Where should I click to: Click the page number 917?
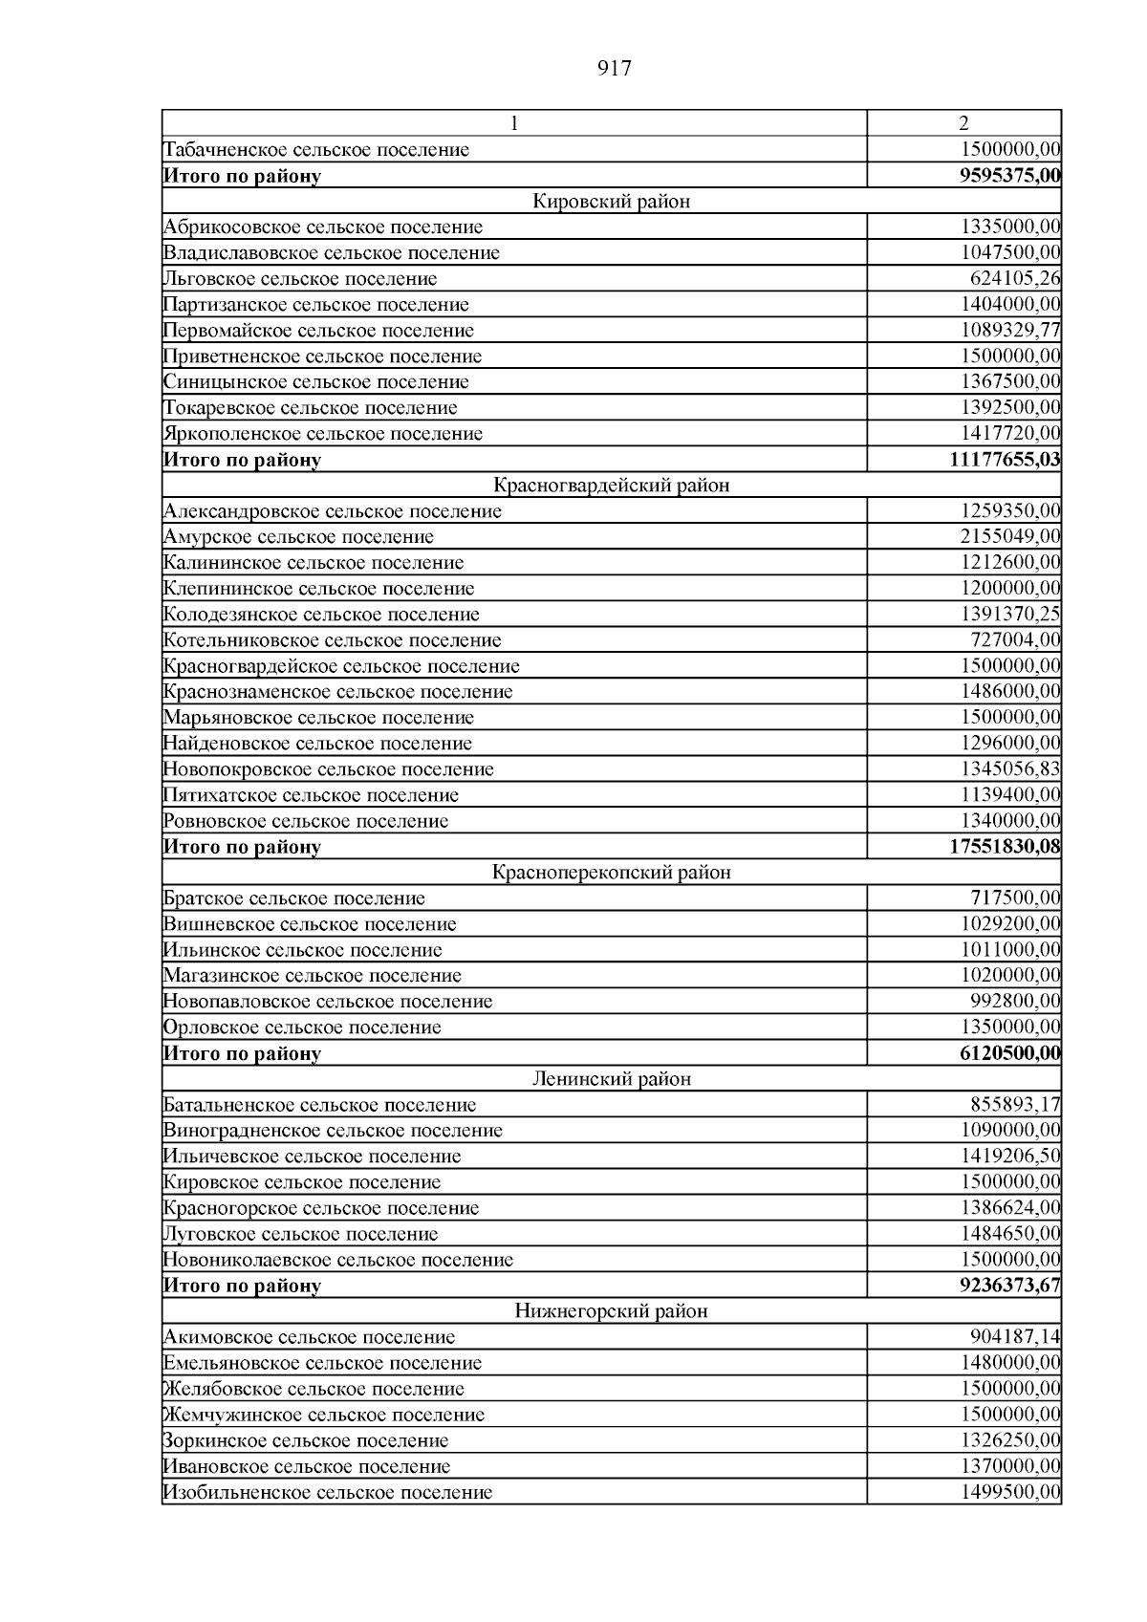point(614,69)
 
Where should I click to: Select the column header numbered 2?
point(963,123)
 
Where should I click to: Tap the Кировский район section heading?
point(611,202)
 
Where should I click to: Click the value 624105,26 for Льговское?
point(1015,279)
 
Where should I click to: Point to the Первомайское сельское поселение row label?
point(318,331)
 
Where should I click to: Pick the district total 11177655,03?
point(1005,460)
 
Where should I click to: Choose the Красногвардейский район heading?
point(611,486)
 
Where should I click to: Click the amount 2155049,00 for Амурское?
point(1010,537)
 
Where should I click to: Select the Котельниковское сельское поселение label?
point(332,640)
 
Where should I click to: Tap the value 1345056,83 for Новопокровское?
point(1010,769)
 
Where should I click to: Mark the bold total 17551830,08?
point(1005,847)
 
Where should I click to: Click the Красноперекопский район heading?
point(611,873)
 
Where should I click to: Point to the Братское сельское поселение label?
point(294,898)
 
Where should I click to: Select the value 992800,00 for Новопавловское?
point(1015,1002)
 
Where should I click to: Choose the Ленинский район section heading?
point(611,1079)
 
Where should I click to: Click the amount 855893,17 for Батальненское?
point(1015,1105)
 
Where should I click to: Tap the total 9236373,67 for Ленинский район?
point(1009,1286)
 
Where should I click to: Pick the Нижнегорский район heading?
point(611,1311)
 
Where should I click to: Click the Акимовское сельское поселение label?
point(309,1337)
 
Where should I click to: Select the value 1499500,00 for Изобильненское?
point(1010,1492)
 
